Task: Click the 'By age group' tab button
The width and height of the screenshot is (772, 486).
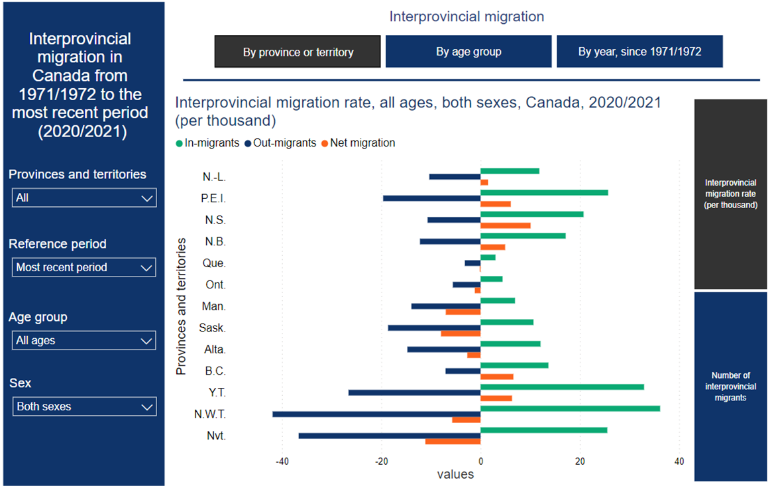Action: tap(469, 52)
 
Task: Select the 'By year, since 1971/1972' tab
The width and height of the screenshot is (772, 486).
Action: tap(639, 52)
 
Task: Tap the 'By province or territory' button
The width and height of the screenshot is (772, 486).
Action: tap(298, 52)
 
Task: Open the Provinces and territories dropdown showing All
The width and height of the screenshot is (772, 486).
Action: tap(84, 198)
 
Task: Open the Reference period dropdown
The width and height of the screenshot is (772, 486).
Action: tap(84, 267)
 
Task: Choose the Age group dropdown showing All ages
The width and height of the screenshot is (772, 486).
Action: tap(84, 340)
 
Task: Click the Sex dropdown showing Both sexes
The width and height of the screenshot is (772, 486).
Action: tap(84, 406)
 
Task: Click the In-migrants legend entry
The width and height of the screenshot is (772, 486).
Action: tap(206, 143)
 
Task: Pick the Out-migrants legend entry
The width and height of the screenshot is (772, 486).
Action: tap(280, 143)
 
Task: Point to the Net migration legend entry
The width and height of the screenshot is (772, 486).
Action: tap(358, 143)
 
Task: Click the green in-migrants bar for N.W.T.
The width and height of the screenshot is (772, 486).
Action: tap(570, 408)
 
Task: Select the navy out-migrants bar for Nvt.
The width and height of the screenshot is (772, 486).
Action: tap(390, 436)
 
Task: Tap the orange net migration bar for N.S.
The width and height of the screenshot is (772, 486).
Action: tap(505, 225)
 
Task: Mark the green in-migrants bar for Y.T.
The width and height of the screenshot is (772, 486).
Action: tap(562, 387)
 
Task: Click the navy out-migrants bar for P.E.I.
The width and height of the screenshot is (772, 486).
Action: tap(431, 198)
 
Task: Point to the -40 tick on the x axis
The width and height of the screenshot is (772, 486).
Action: tap(282, 461)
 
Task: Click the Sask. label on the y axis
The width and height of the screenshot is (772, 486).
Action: tap(213, 328)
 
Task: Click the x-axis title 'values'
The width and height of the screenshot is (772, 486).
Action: tap(455, 474)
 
